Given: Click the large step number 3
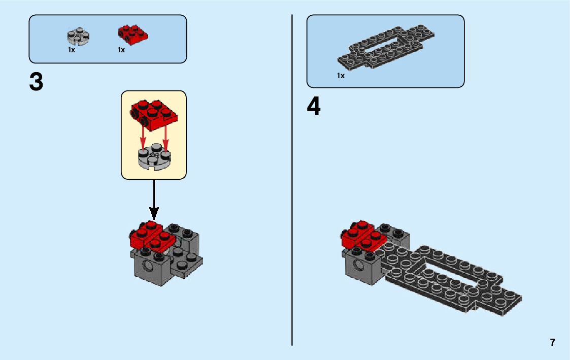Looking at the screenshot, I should [37, 83].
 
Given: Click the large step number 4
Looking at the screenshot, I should [314, 107].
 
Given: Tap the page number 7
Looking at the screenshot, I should [552, 342].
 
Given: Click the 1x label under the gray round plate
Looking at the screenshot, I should [72, 50].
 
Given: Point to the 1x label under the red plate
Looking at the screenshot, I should [121, 50].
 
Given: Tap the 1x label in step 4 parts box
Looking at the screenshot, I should [341, 76].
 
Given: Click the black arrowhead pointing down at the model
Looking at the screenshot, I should [154, 213].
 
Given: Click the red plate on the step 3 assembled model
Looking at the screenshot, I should [152, 235].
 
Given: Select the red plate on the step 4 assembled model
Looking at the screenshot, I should [363, 234].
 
